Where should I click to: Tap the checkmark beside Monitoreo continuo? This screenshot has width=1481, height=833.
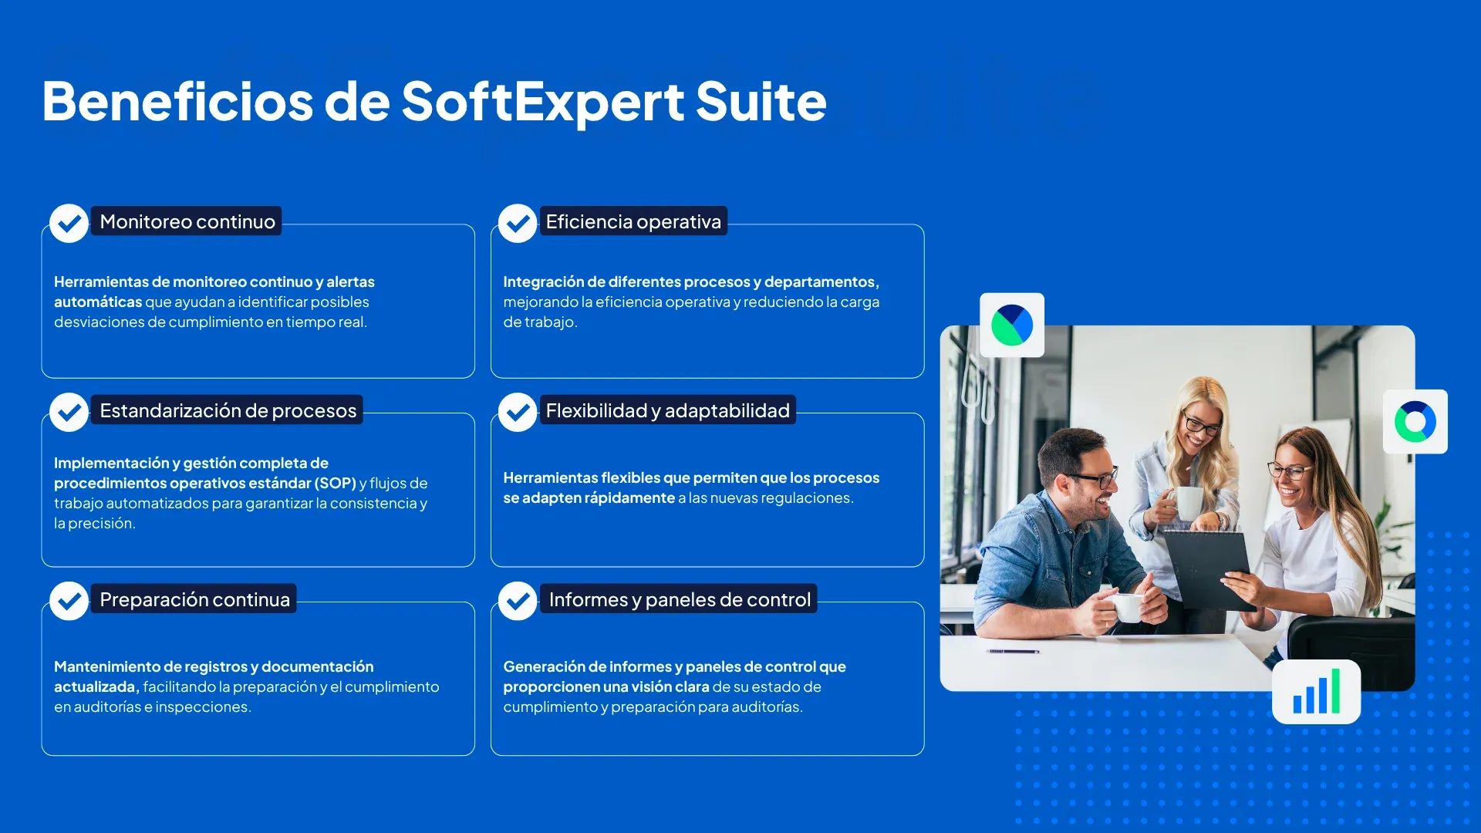pyautogui.click(x=69, y=224)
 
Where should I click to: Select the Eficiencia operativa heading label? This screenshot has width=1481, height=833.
pyautogui.click(x=633, y=221)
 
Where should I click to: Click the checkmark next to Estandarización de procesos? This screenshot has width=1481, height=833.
pyautogui.click(x=69, y=413)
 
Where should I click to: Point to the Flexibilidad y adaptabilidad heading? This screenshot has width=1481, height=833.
pyautogui.click(x=667, y=410)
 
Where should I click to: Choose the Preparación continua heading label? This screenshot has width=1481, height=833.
pyautogui.click(x=194, y=599)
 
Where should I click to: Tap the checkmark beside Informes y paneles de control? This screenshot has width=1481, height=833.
pyautogui.click(x=518, y=601)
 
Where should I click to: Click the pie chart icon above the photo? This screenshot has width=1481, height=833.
pyautogui.click(x=1012, y=325)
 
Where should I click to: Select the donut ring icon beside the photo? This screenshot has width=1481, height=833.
pyautogui.click(x=1415, y=421)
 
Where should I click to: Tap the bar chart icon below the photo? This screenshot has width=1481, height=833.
pyautogui.click(x=1316, y=692)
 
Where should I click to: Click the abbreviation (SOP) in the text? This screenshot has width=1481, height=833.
pyautogui.click(x=335, y=483)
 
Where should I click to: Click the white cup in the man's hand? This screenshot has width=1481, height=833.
pyautogui.click(x=1127, y=607)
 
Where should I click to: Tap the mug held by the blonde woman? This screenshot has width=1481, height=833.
pyautogui.click(x=1187, y=503)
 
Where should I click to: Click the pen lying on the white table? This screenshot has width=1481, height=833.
pyautogui.click(x=1013, y=652)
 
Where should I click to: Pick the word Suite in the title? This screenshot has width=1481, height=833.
pyautogui.click(x=761, y=102)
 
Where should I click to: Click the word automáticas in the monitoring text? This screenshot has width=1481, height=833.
pyautogui.click(x=98, y=302)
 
